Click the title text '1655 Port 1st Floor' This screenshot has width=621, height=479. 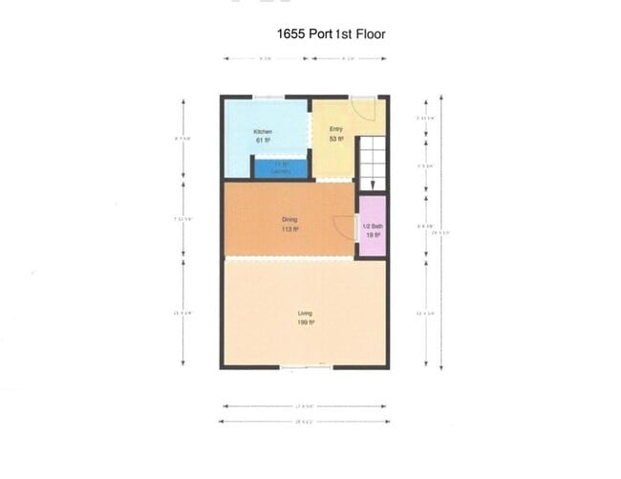(331, 33)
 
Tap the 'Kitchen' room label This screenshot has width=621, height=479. (263, 131)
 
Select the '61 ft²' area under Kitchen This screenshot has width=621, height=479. (263, 141)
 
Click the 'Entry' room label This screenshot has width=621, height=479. (336, 129)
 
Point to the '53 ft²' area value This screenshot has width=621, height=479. (336, 139)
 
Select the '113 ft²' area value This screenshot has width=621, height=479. (290, 230)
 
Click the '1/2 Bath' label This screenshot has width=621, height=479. (373, 225)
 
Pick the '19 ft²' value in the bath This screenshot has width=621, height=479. (373, 234)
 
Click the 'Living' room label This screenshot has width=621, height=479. (305, 314)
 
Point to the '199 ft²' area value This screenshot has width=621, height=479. (306, 323)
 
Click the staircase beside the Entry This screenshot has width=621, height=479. (372, 163)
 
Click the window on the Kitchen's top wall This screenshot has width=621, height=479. (268, 97)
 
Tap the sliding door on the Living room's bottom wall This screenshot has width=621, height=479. (306, 367)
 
